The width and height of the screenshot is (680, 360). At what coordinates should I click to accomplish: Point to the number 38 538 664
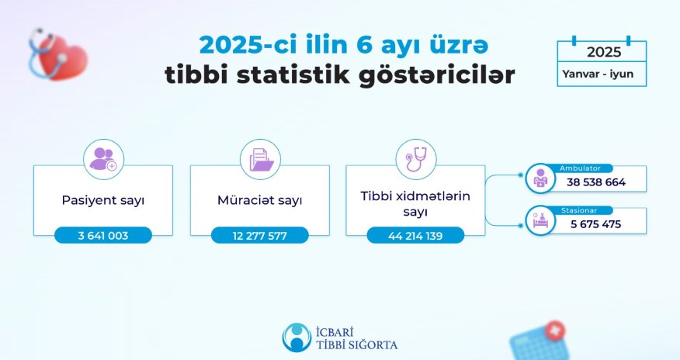tap(597, 183)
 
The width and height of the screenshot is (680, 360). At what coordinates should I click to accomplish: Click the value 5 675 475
tap(595, 225)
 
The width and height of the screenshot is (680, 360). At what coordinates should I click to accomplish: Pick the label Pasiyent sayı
tap(103, 200)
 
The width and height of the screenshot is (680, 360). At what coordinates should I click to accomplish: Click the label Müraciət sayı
tap(260, 200)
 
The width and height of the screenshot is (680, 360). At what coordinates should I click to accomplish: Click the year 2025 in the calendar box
tap(603, 53)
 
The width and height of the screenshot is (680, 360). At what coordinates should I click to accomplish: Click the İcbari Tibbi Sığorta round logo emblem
tap(296, 337)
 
